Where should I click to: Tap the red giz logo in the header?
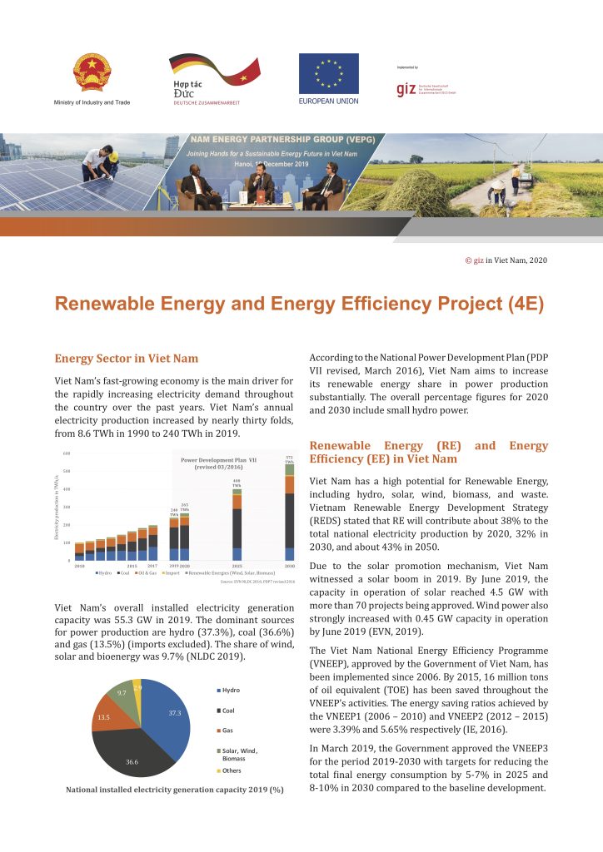[406, 89]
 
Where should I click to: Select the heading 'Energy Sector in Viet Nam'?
[127, 359]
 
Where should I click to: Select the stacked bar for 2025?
[237, 524]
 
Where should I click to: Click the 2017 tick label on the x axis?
[152, 565]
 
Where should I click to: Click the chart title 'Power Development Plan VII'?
[219, 459]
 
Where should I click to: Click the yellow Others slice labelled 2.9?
[137, 690]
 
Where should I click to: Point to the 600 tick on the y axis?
[66, 453]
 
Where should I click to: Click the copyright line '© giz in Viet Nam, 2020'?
[506, 260]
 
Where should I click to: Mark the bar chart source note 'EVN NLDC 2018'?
[257, 582]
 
